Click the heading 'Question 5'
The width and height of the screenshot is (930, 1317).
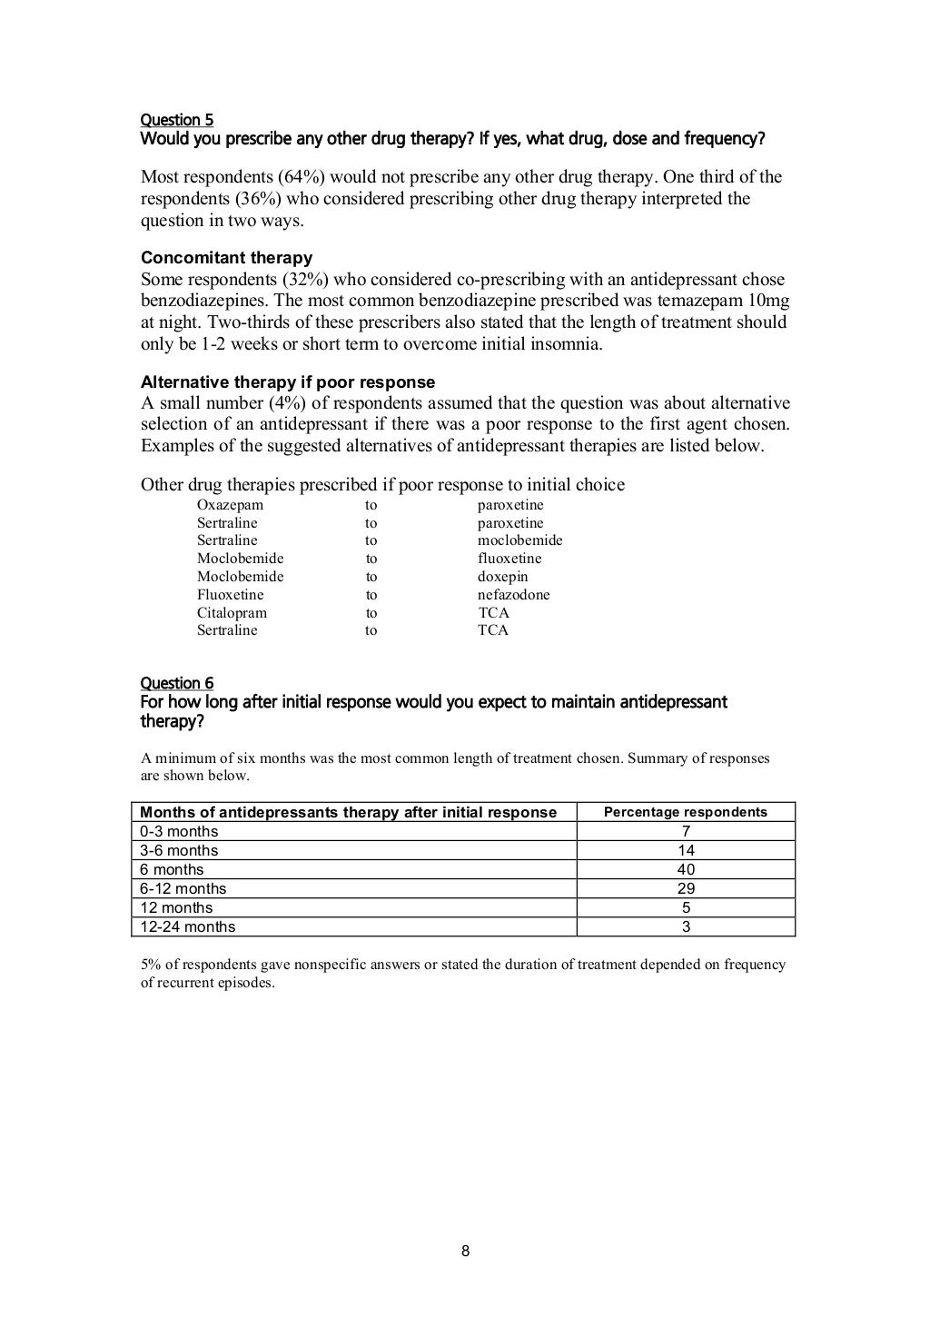pyautogui.click(x=176, y=120)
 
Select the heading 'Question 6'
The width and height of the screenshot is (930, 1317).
pyautogui.click(x=176, y=683)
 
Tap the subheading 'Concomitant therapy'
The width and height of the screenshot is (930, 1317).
pyautogui.click(x=226, y=258)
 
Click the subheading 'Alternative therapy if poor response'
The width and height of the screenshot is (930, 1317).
pyautogui.click(x=287, y=381)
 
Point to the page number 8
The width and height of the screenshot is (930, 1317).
pyautogui.click(x=465, y=1252)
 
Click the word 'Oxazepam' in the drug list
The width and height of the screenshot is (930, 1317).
pyautogui.click(x=230, y=505)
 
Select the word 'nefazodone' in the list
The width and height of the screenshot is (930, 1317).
pyautogui.click(x=513, y=595)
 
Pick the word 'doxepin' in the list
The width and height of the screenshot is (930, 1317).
pyautogui.click(x=502, y=577)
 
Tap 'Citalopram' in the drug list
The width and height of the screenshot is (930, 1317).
pyautogui.click(x=232, y=613)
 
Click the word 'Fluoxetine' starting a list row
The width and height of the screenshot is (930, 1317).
pyautogui.click(x=230, y=595)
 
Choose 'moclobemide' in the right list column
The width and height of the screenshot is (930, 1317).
pyautogui.click(x=519, y=540)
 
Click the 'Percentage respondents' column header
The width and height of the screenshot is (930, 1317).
pyautogui.click(x=686, y=812)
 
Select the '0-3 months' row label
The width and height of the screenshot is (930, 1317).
pyautogui.click(x=179, y=831)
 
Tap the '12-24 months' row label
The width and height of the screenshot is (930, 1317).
pyautogui.click(x=187, y=926)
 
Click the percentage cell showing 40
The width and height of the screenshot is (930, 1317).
pyautogui.click(x=686, y=869)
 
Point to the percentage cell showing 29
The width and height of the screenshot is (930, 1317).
pyautogui.click(x=686, y=888)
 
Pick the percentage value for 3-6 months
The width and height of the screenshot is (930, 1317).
pyautogui.click(x=686, y=850)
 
